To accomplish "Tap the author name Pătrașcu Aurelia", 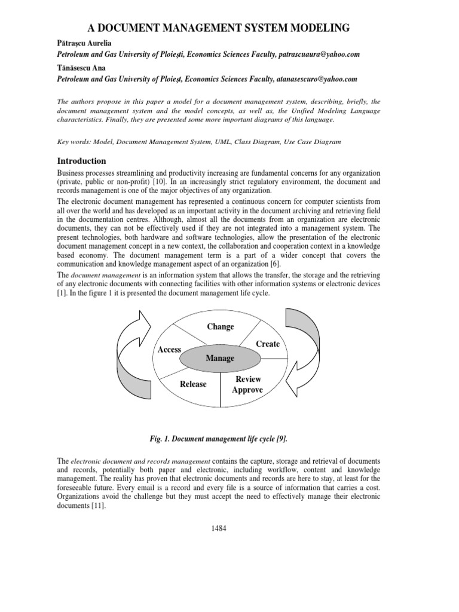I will tap(85, 44).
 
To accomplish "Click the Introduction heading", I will tap(81, 161).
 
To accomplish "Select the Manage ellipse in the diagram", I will tap(220, 358).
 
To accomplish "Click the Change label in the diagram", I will tap(220, 326).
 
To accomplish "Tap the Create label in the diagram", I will tap(268, 344).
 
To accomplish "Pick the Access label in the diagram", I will tap(169, 349).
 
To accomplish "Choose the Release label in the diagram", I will tap(193, 384).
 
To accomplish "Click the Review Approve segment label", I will tap(247, 384).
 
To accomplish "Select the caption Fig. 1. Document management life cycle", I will tap(218, 439).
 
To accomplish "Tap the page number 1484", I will tap(219, 528).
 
